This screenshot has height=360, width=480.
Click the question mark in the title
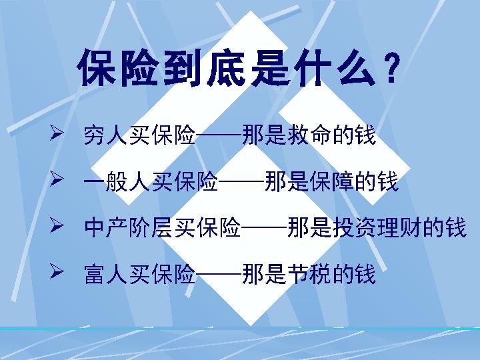pyautogui.click(x=393, y=69)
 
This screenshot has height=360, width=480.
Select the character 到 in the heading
pyautogui.click(x=179, y=69)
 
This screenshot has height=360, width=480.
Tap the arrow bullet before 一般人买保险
pyautogui.click(x=57, y=180)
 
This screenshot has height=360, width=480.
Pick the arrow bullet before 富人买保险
pyautogui.click(x=57, y=271)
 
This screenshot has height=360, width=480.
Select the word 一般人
pyautogui.click(x=117, y=181)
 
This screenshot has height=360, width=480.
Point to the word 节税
pyautogui.click(x=320, y=273)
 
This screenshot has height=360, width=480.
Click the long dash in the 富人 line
pyautogui.click(x=219, y=274)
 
